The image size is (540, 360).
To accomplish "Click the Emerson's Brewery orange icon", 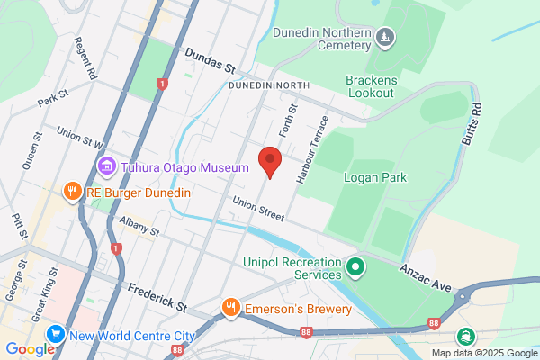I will coord(231,308).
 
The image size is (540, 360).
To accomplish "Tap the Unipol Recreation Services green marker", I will coord(355,267).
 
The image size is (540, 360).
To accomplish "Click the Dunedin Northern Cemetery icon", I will coord(385,37).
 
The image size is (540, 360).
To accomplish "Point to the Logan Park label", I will coord(374,177).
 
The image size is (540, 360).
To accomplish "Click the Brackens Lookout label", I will coord(370,86).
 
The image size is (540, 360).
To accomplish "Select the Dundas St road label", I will coord(210,60).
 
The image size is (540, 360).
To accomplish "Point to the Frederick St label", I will coord(157,298).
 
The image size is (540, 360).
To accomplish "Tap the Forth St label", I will coord(286,120).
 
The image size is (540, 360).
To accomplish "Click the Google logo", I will coord(30,349).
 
